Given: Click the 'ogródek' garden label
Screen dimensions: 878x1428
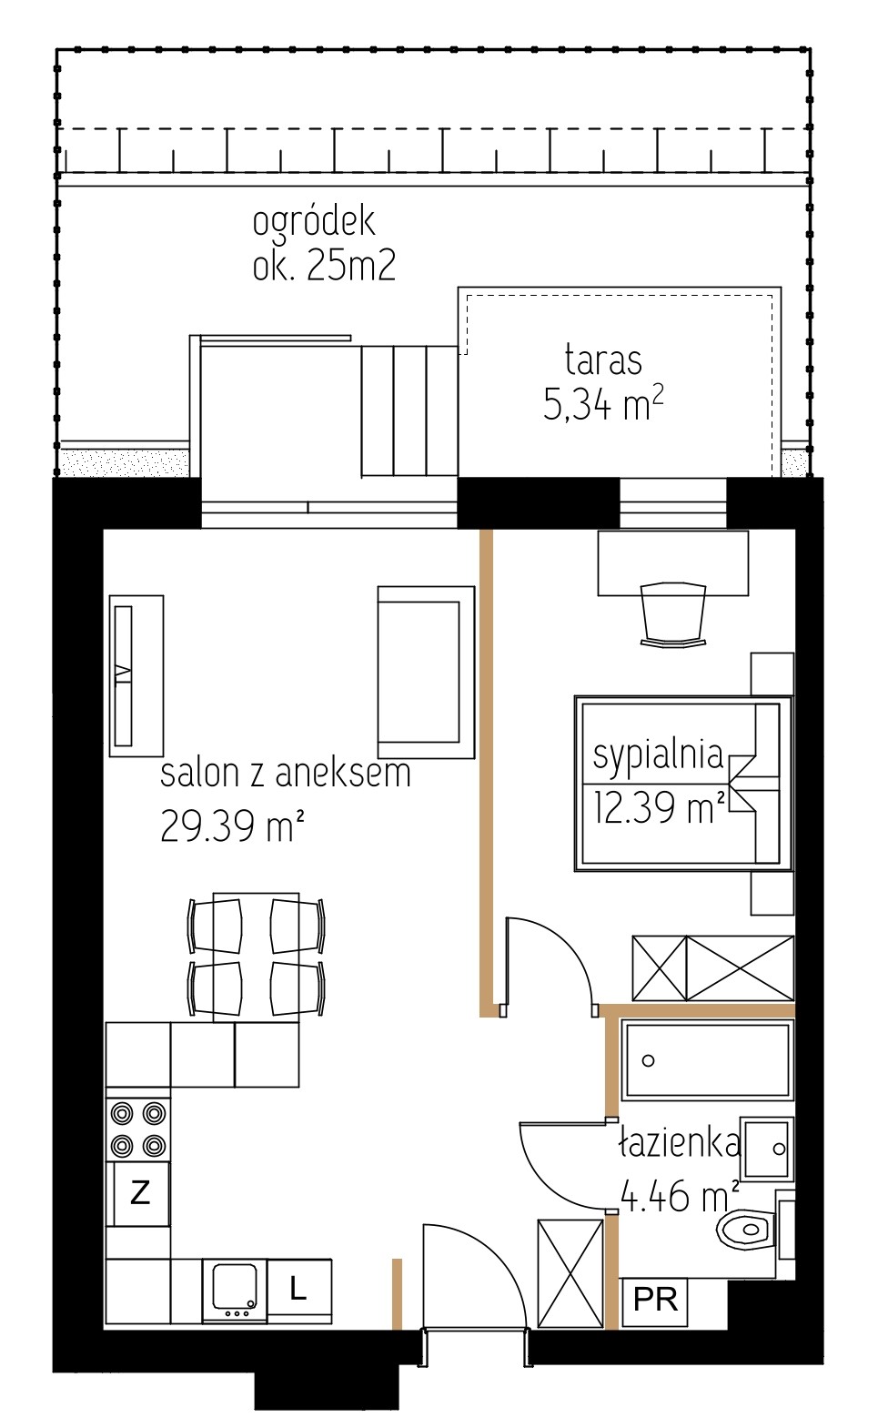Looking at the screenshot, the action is click(314, 222).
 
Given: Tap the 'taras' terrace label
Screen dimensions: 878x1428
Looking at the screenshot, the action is click(603, 360).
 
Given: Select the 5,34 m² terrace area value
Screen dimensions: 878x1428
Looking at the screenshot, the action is click(603, 404).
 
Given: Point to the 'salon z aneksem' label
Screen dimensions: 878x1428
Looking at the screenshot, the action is click(286, 774).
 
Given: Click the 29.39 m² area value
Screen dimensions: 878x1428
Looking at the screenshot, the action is click(232, 825).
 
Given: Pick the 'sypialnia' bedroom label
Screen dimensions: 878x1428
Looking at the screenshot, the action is click(658, 757).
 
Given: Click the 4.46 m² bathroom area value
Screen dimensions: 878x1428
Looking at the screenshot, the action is click(680, 1195).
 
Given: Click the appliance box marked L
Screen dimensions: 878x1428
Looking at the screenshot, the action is click(298, 1291).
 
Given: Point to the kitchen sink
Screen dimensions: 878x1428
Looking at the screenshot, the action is click(235, 1291).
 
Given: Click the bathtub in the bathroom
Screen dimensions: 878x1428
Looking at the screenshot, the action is click(707, 1059).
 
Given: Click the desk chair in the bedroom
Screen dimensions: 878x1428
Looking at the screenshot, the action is click(673, 614).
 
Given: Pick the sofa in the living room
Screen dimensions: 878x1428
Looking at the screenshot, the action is click(426, 672).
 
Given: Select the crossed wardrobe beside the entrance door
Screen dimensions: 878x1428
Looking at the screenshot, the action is click(570, 1275).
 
